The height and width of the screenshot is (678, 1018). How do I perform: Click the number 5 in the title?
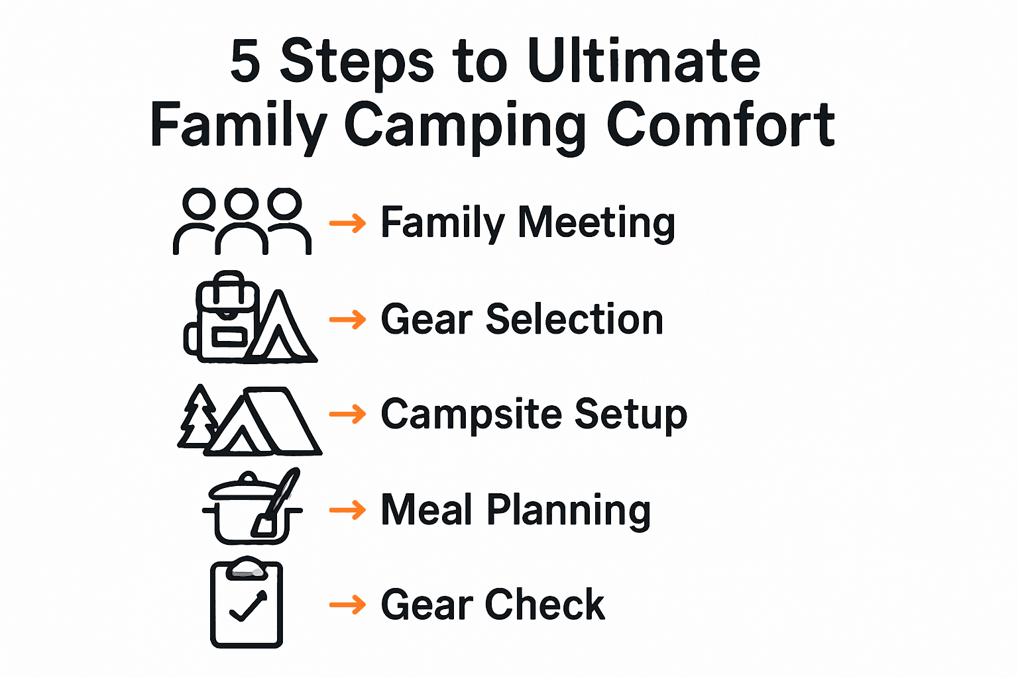point(245,61)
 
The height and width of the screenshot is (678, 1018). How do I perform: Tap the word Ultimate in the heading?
point(644,61)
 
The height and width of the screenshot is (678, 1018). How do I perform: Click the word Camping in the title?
point(465,126)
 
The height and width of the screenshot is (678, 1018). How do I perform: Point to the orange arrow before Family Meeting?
point(347,223)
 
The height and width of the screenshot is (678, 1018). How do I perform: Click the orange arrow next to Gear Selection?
point(347,320)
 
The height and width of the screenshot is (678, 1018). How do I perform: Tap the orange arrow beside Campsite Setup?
point(347,414)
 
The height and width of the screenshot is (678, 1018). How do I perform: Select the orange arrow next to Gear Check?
point(347,605)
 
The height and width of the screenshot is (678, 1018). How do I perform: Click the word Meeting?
point(596,223)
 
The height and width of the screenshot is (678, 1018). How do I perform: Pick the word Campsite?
point(471,415)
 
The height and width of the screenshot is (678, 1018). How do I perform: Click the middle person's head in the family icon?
point(242,202)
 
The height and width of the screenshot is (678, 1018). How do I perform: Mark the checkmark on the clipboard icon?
point(247,606)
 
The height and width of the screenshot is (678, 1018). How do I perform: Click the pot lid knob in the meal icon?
point(249,477)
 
